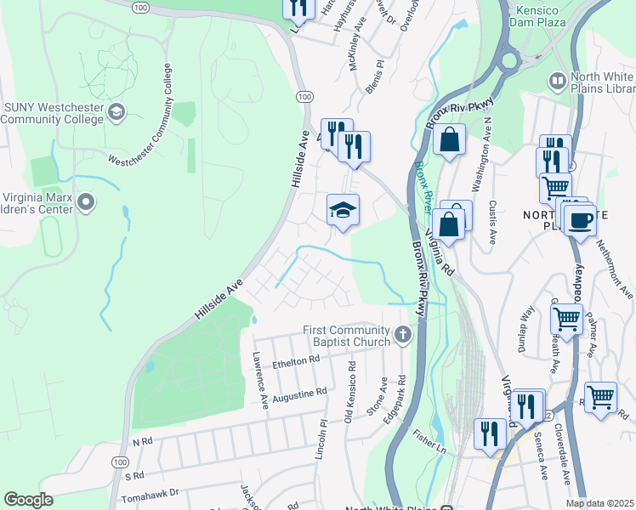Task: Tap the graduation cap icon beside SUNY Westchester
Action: [x=116, y=111]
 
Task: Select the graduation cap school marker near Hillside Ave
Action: [x=343, y=211]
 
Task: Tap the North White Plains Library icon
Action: [x=558, y=82]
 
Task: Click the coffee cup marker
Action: [x=580, y=220]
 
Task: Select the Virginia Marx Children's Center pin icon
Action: [x=85, y=202]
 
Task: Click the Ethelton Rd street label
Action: [x=295, y=362]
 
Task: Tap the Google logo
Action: [x=28, y=500]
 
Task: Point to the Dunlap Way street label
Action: [x=525, y=325]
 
